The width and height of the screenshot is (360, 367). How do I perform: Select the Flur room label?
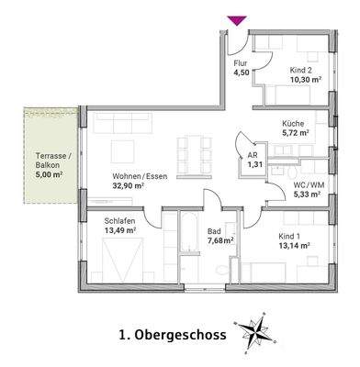[242, 63]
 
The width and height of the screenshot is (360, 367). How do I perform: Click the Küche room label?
[293, 122]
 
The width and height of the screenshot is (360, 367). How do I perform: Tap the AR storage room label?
[252, 156]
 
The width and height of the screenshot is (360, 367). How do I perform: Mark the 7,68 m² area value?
[220, 240]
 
